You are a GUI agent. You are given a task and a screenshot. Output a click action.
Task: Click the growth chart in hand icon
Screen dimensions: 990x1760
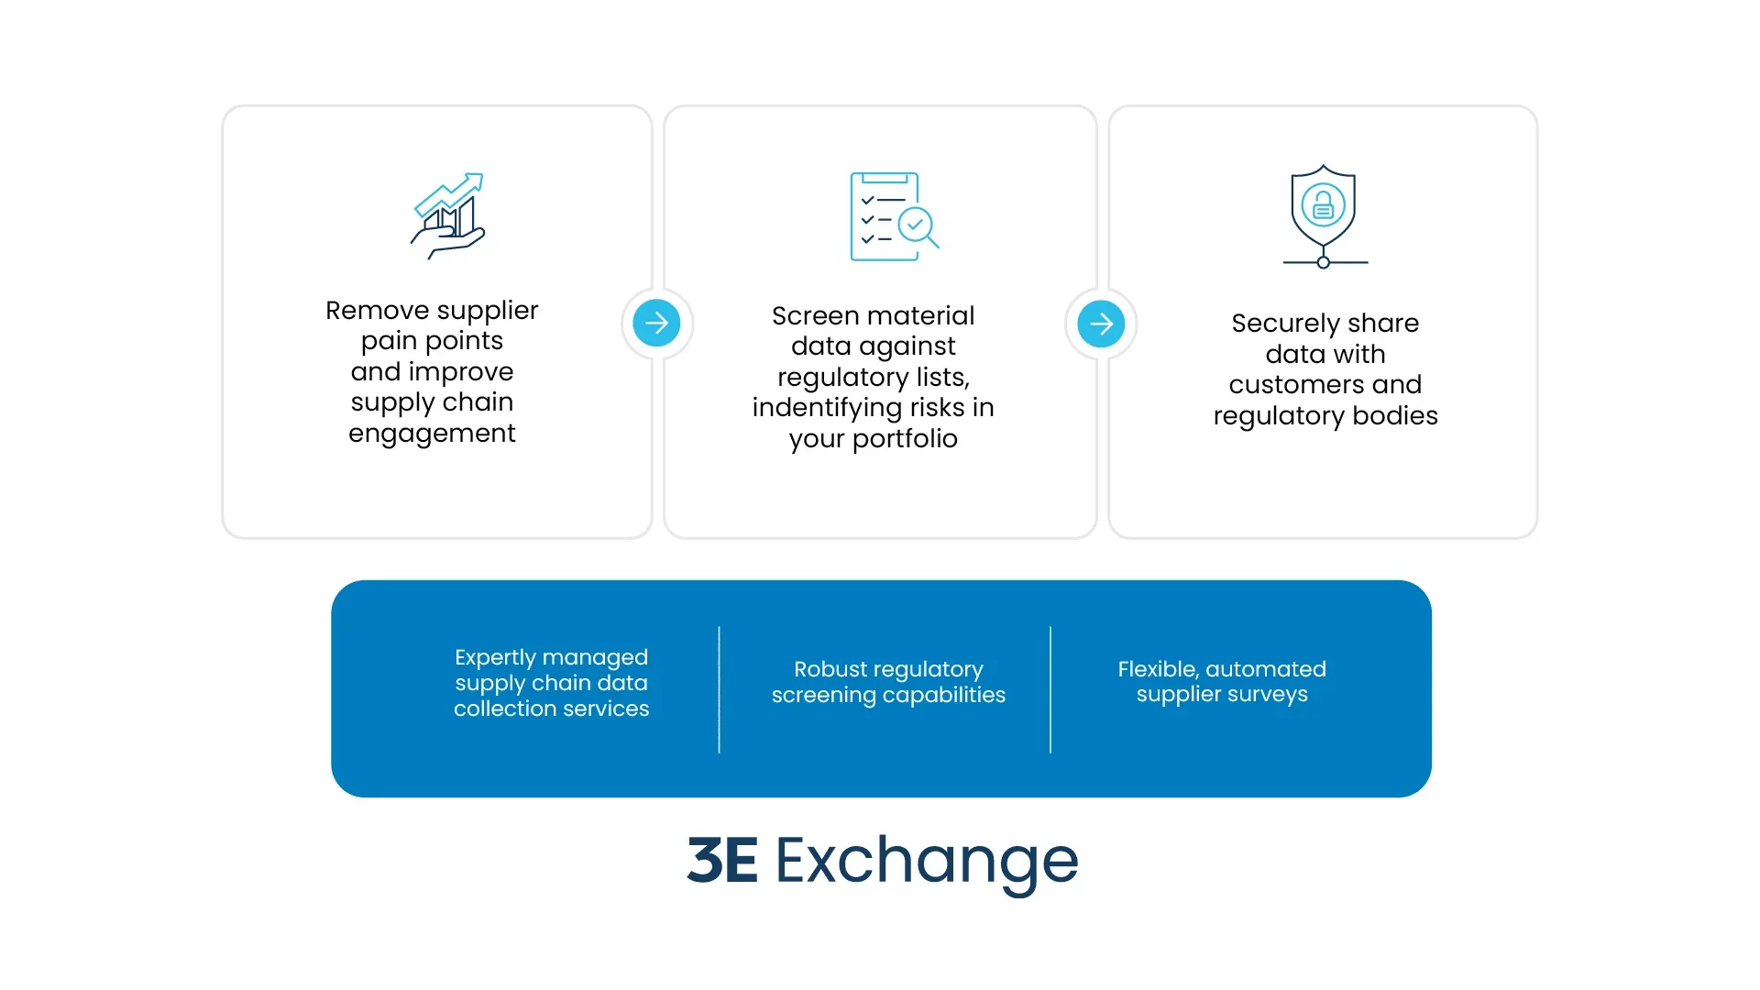pos(447,216)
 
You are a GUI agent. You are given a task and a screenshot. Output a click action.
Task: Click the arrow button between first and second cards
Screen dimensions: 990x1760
pos(656,323)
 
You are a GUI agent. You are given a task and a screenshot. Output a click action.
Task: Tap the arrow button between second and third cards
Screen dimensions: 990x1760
pos(1101,324)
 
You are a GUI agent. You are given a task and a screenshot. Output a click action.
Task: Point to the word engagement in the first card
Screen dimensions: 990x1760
pos(432,433)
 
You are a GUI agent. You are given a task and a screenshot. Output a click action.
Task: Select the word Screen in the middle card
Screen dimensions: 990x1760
pos(815,315)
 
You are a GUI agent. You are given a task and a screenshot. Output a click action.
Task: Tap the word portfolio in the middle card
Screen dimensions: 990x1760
pos(905,438)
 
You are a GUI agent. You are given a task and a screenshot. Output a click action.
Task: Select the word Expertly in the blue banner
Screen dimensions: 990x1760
pos(495,657)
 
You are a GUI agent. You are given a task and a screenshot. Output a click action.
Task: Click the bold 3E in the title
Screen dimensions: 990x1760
pos(722,861)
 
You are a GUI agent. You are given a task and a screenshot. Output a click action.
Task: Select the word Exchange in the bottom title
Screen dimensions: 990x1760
pos(927,861)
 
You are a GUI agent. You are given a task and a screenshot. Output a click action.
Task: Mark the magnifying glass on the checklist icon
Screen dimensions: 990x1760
pos(918,225)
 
